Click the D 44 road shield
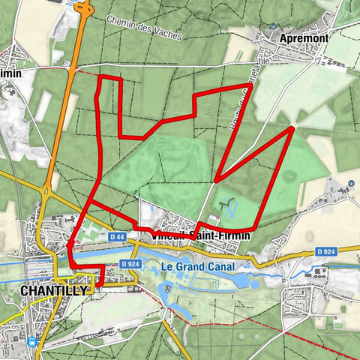click(116, 237)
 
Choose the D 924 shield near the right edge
click(323, 251)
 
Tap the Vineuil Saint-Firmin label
click(198, 235)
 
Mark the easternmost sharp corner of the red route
click(292, 128)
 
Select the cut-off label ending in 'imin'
click(9, 74)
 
